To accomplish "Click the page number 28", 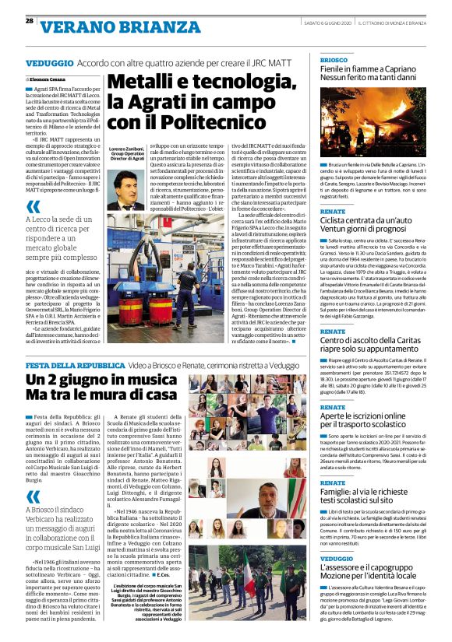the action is click(x=29, y=20).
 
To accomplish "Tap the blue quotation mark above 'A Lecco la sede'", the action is click(x=34, y=207).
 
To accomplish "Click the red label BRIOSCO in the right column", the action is click(x=334, y=59).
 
